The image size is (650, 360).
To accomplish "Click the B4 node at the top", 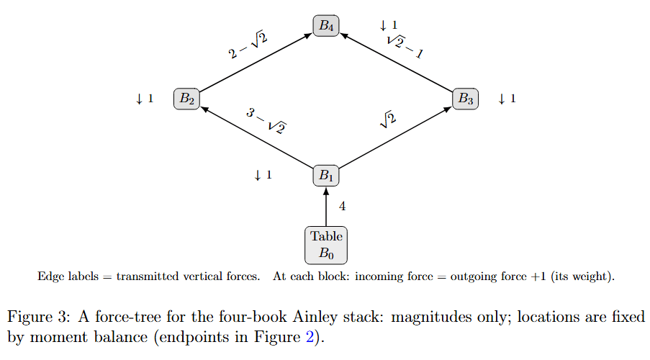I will pos(326,25).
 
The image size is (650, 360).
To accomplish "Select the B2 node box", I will pos(186,99).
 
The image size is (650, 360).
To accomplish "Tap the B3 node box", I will pos(465,99).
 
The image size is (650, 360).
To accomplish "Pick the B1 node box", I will pos(326,175).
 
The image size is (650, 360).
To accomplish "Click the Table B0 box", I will pos(326,244).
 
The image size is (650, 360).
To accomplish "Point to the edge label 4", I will pos(342,206).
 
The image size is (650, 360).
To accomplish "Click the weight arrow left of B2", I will pos(139,99).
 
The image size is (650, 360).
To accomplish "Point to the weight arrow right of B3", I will pos(502,99).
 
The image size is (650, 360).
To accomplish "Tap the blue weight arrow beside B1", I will pos(258,175).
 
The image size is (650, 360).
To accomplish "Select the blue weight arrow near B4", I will pos(384,26).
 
